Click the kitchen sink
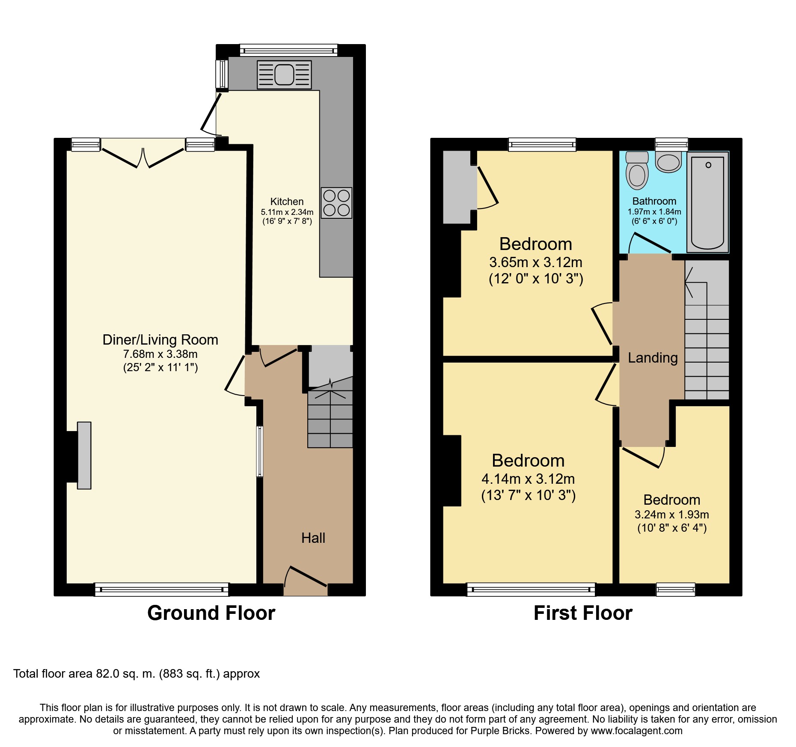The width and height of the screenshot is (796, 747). tap(284, 75)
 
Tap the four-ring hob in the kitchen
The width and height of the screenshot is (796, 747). tap(336, 203)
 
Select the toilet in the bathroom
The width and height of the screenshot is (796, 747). tap(637, 170)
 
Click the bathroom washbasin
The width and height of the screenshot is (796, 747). tap(668, 162)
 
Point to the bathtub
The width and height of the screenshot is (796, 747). tap(707, 202)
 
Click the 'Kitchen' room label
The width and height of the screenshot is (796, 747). tap(287, 202)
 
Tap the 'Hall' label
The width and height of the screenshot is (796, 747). tap(313, 538)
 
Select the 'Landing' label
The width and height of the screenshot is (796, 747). tap(653, 358)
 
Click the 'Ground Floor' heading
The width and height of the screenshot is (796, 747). tap(211, 613)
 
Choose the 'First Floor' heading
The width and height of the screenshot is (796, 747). tap(583, 613)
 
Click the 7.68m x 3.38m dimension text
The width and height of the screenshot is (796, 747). tap(160, 354)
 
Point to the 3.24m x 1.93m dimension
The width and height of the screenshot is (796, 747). tap(672, 515)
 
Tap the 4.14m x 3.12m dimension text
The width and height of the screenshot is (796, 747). tap(528, 479)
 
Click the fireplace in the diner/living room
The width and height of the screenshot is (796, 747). tap(84, 455)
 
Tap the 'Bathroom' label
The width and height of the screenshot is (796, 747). tap(654, 201)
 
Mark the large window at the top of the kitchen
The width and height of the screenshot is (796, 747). tap(288, 51)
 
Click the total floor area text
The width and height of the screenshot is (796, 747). tap(137, 674)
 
